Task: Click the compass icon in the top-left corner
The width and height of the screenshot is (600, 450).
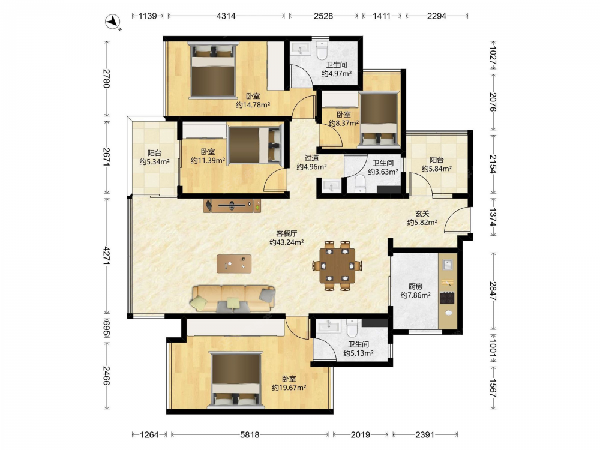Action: click(113, 22)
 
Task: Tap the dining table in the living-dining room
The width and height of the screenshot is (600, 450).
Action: click(337, 266)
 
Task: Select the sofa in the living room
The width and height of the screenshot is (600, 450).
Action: click(233, 298)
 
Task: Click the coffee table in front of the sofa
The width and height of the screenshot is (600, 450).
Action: click(234, 264)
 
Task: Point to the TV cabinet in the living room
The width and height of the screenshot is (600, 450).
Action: click(232, 205)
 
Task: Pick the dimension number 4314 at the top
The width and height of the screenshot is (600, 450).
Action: click(226, 16)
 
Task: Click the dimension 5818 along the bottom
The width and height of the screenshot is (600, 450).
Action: click(250, 434)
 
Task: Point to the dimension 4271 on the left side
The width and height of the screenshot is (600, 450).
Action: click(106, 256)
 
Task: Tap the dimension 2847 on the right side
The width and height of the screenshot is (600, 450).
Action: click(493, 291)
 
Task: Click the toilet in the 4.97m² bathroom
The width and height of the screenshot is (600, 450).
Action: click(322, 50)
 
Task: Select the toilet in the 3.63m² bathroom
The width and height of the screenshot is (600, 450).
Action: click(361, 184)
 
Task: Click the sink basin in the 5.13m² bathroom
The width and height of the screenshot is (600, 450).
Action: click(329, 326)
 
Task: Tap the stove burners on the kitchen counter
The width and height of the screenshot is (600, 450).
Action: click(447, 298)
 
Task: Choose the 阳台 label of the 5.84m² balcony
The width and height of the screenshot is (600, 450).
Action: click(437, 160)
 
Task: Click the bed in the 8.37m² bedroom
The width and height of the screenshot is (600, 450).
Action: click(379, 119)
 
